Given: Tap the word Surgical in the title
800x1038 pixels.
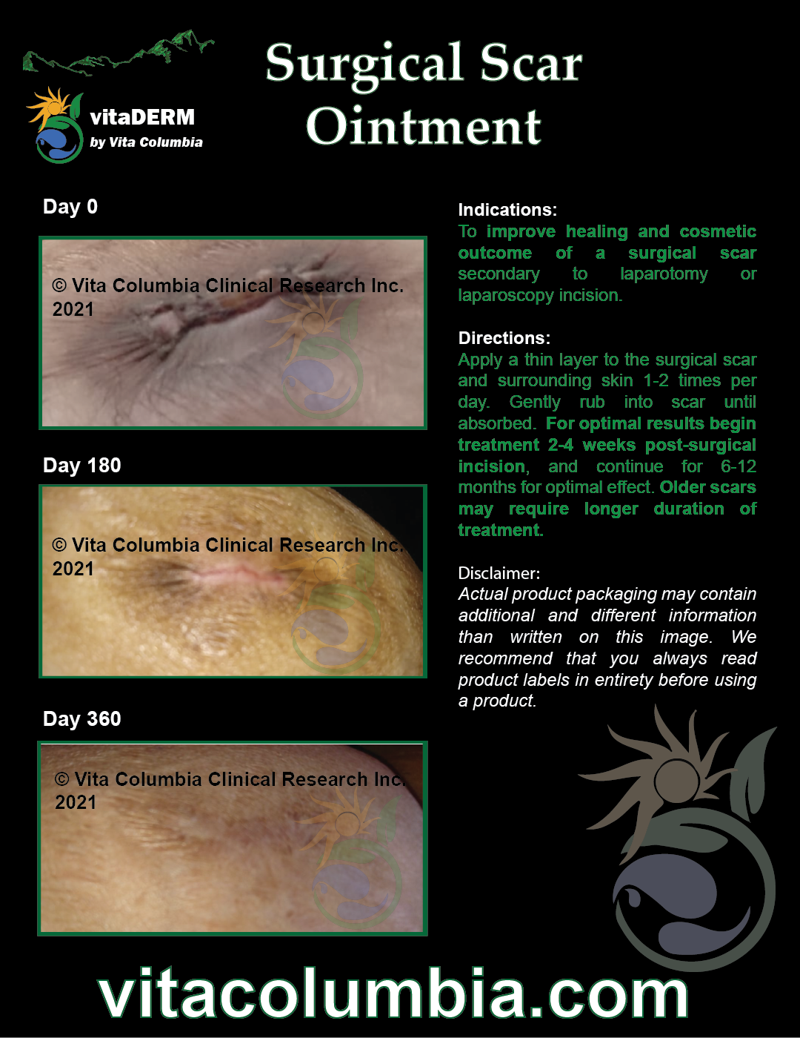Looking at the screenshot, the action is [x=364, y=65].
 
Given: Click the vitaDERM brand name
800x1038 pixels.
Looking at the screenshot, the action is [x=142, y=117].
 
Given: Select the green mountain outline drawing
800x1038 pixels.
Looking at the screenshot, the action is [x=119, y=53].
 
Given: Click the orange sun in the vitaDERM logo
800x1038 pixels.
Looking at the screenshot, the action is [x=50, y=107].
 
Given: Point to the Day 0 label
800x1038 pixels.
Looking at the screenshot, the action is [x=70, y=207].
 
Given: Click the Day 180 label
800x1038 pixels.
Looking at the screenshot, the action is [x=81, y=466].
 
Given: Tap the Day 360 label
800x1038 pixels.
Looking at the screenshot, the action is [x=81, y=719].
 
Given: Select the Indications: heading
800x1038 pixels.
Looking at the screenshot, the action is [x=507, y=210].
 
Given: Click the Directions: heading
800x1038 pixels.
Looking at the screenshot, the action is [x=504, y=337].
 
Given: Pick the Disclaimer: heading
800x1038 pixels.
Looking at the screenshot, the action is [x=499, y=572].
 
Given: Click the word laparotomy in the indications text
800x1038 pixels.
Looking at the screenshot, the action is [x=664, y=274].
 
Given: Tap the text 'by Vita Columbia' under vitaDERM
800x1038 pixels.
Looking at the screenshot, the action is [x=146, y=142].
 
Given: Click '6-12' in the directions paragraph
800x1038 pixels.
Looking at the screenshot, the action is [x=739, y=466].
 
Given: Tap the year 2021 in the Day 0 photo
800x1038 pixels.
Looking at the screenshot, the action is [x=73, y=309].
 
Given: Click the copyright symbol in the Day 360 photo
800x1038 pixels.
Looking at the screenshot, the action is [x=61, y=779].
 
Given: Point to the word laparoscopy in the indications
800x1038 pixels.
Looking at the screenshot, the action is [x=506, y=296].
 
